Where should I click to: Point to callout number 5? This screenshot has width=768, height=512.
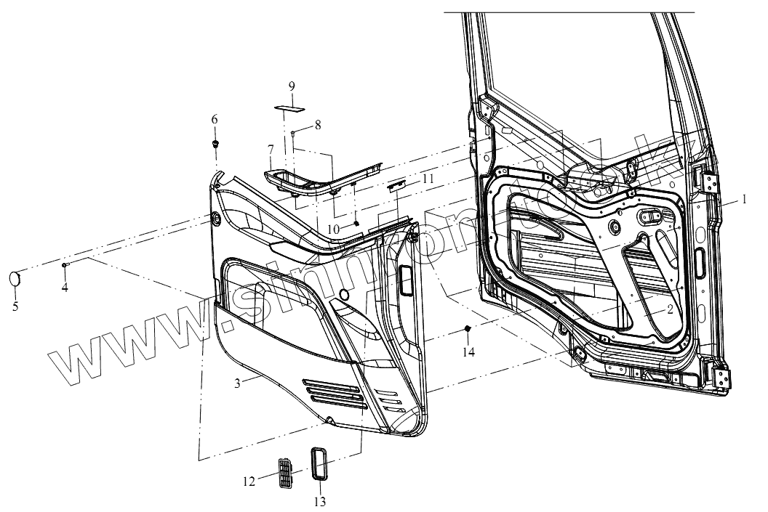(15, 306)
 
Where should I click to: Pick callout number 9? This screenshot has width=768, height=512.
(291, 86)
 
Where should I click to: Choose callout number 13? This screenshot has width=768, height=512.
(321, 501)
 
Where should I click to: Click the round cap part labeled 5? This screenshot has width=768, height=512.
(15, 277)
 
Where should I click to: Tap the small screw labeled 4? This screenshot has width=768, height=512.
(65, 266)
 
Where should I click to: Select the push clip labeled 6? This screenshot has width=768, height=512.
(215, 143)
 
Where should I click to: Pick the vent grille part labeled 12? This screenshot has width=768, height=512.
(286, 475)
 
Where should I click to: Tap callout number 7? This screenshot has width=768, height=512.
(271, 149)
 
